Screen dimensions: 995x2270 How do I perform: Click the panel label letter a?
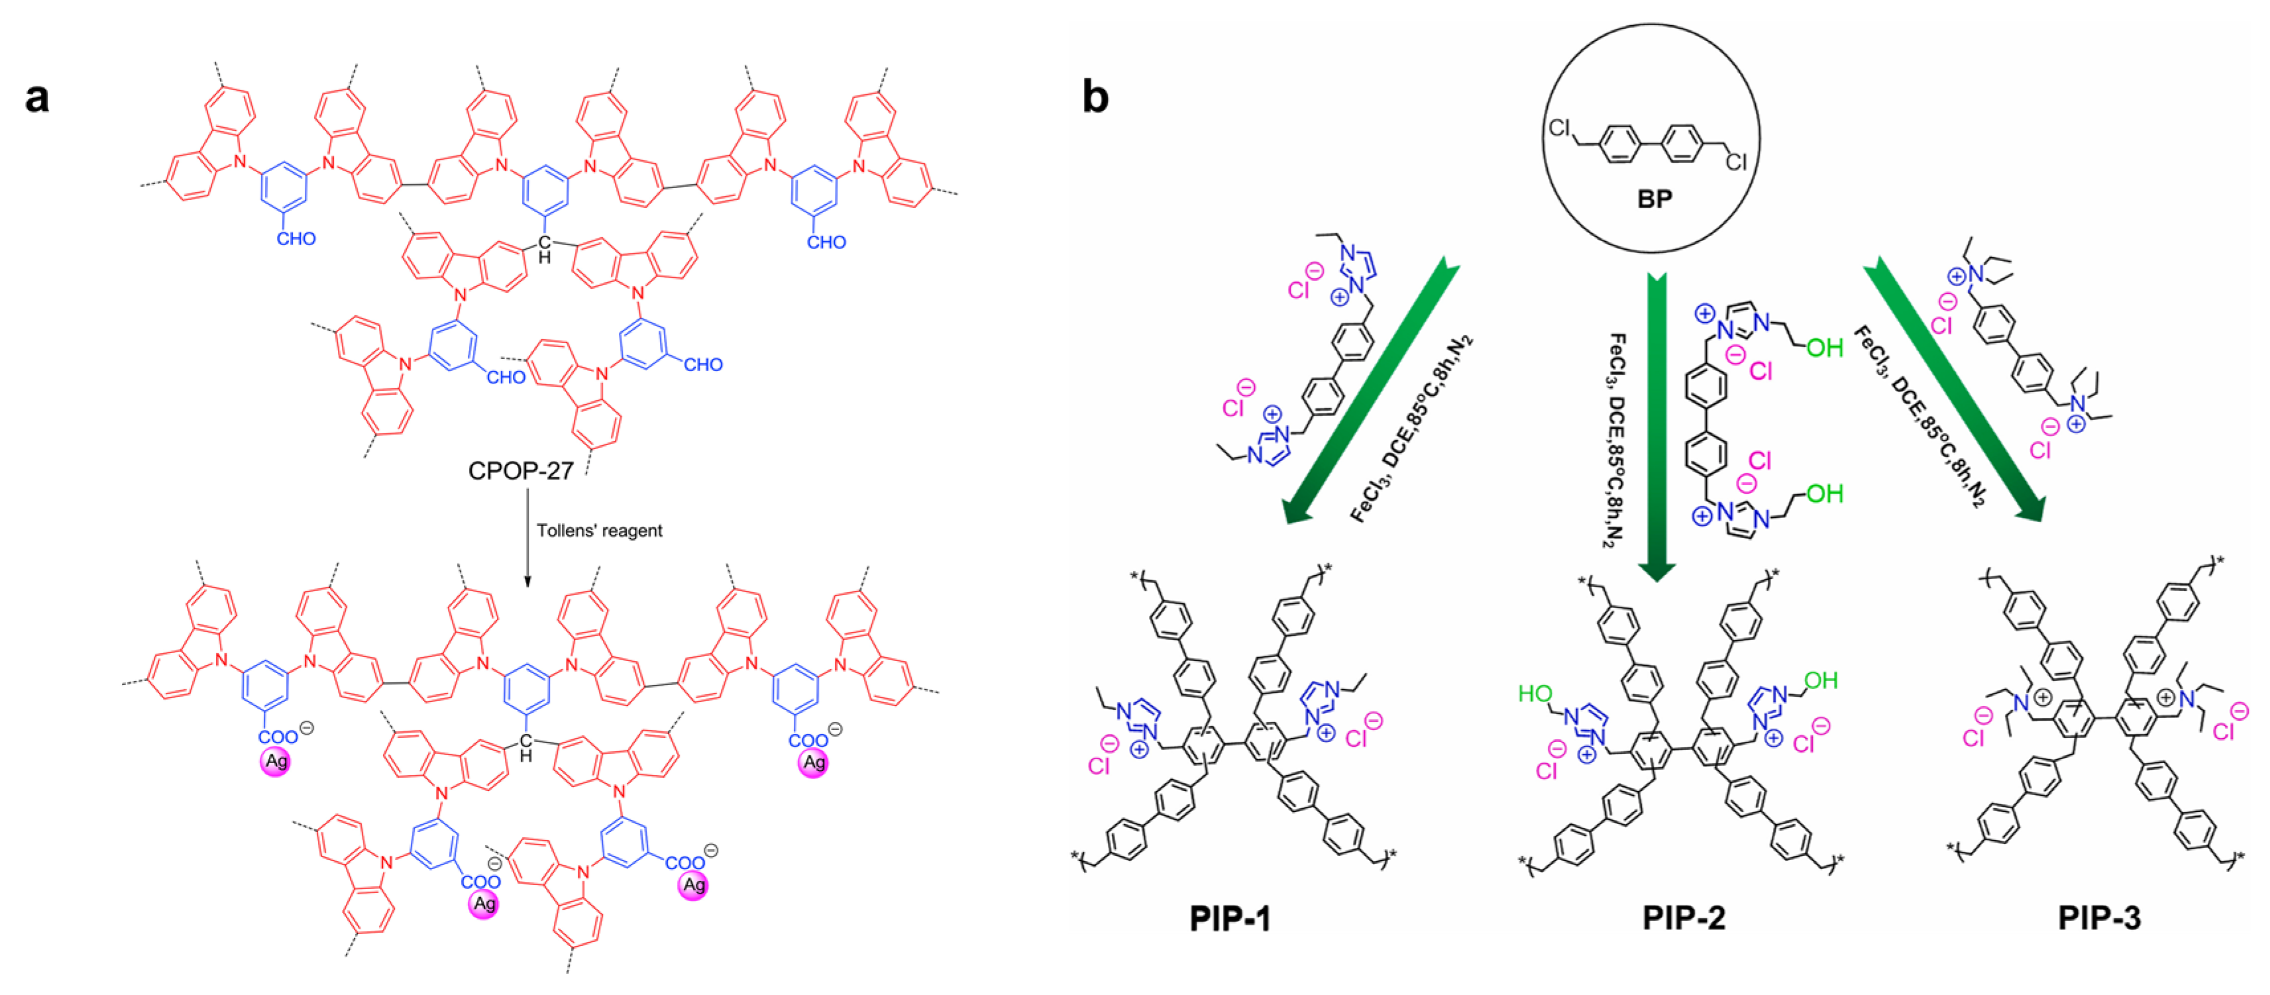coord(37,97)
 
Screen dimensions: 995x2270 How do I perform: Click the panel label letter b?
coord(1095,97)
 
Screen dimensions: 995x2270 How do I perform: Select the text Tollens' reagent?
coord(599,531)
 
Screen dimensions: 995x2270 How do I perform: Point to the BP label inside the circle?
coord(1654,199)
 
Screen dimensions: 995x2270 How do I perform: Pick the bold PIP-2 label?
coord(1683,918)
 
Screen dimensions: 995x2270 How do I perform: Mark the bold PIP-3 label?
coord(2099,918)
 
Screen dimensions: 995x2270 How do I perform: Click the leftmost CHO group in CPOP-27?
coord(296,239)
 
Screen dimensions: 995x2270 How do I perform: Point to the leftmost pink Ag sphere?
coord(276,761)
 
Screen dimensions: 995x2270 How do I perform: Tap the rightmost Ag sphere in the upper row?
coord(812,762)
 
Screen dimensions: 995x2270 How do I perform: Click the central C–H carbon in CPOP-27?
coord(545,242)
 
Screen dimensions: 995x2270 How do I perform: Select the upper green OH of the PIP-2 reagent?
coord(1824,348)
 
